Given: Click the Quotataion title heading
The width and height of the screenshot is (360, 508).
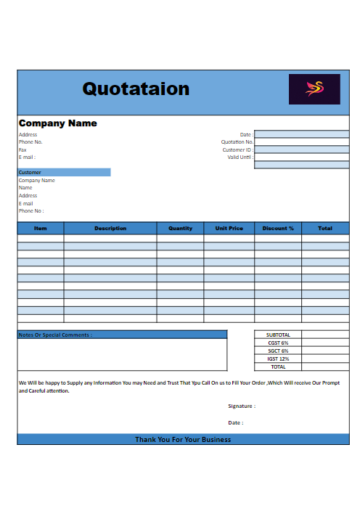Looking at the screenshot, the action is click(x=136, y=89).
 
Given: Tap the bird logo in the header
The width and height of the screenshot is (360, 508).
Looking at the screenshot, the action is click(x=314, y=89).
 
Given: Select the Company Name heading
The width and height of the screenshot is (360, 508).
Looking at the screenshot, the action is click(x=58, y=123).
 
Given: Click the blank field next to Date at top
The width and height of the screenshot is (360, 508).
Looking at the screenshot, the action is click(x=301, y=134).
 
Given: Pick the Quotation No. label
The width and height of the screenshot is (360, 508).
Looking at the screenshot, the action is click(x=237, y=142).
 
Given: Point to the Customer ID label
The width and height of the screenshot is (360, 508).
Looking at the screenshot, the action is click(x=237, y=150).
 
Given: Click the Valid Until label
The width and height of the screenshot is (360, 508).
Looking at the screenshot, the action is click(x=240, y=157).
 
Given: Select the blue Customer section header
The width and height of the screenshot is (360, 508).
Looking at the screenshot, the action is click(x=64, y=172).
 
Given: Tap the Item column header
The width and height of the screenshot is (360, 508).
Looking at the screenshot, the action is click(x=41, y=228).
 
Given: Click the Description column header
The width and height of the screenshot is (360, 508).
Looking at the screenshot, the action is click(x=110, y=228).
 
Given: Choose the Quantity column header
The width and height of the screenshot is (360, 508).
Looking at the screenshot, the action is click(x=180, y=228).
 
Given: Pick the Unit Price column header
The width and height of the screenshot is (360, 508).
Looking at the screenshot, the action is click(x=229, y=228).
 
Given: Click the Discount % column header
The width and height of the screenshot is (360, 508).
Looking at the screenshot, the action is click(x=278, y=228).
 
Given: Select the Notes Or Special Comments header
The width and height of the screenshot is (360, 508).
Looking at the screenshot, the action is click(x=55, y=335).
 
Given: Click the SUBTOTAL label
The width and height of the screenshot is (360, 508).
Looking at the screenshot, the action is click(x=278, y=335).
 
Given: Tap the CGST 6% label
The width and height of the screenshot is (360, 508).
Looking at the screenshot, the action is click(x=278, y=343).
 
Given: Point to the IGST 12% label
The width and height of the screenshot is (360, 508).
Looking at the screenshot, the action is click(x=278, y=359).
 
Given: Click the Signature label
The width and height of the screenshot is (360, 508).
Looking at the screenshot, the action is click(x=242, y=406).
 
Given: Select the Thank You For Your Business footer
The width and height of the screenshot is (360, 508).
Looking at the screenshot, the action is click(x=183, y=439).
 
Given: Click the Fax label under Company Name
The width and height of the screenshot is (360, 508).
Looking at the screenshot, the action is click(x=22, y=149).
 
